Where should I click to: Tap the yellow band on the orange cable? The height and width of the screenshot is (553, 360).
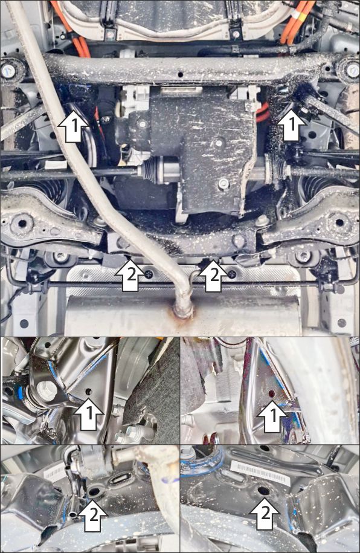coord(295,15)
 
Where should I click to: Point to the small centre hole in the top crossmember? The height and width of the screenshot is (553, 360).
coord(181,75)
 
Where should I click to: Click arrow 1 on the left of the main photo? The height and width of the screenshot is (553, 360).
coord(73,126)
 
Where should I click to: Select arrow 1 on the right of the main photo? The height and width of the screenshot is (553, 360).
coord(291,124)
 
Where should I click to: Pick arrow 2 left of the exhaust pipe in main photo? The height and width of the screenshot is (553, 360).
coord(130,275)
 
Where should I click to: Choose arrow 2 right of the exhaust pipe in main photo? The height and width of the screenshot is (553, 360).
coord(214,275)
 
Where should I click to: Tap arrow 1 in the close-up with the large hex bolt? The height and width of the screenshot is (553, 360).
coord(89,414)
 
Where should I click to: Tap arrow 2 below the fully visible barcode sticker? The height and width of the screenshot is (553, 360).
coord(265,513)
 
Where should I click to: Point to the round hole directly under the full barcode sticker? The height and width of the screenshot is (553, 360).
coord(263,491)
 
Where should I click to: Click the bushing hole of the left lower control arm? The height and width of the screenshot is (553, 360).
coord(22,223)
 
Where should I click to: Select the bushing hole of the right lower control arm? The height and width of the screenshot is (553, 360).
coord(339,222)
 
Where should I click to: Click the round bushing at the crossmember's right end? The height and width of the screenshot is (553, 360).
coord(351,71)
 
